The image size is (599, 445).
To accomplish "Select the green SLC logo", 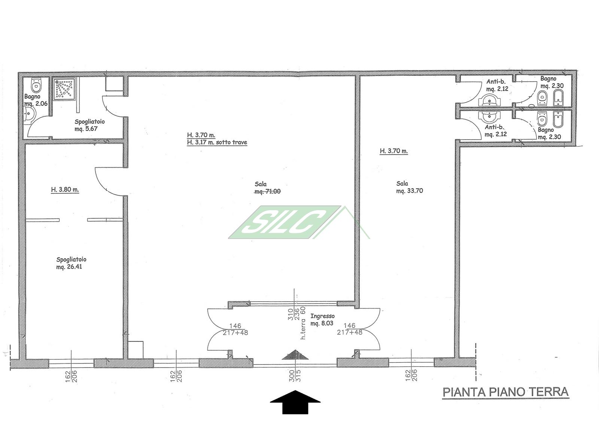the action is [x=285, y=222].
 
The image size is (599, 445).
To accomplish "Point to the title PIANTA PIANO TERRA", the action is [x=505, y=392].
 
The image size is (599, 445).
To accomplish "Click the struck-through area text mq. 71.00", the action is [x=267, y=192].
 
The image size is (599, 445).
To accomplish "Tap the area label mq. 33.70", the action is [x=410, y=191].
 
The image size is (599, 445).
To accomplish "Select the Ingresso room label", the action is [x=322, y=316].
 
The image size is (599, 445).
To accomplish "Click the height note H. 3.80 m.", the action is [x=65, y=189].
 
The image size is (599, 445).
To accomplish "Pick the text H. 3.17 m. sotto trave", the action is [x=217, y=142].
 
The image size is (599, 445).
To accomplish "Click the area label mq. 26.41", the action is [x=69, y=267].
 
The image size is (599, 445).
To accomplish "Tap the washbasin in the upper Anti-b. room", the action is [x=489, y=100].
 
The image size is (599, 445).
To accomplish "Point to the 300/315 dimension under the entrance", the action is [x=295, y=376].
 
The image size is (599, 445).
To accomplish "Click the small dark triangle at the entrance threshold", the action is [x=295, y=355].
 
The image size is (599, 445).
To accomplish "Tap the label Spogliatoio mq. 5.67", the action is [x=89, y=125].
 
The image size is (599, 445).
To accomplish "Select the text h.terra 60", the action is [x=303, y=323].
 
